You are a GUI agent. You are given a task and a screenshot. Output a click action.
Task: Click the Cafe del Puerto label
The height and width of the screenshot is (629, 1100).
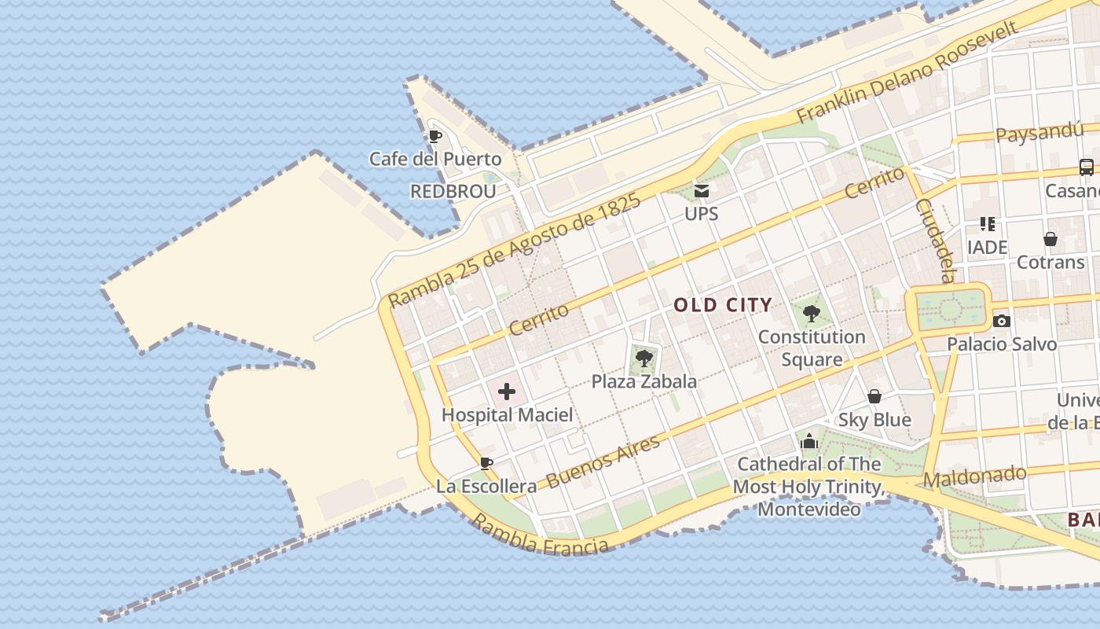pyautogui.click(x=435, y=159)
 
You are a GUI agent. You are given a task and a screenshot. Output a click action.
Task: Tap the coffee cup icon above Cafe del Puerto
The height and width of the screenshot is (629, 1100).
pyautogui.click(x=435, y=136)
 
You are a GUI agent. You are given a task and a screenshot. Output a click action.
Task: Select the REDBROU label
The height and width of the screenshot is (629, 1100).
pyautogui.click(x=453, y=192)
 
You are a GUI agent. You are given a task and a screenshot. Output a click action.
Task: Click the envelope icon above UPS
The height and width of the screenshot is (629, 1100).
pyautogui.click(x=701, y=190)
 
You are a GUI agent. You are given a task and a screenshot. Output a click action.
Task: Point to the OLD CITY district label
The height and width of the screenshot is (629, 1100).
pyautogui.click(x=723, y=305)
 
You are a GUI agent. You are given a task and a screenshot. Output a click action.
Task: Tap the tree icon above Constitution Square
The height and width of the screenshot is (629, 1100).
pyautogui.click(x=812, y=314)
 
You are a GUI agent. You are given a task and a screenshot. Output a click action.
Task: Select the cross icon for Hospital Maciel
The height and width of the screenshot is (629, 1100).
pyautogui.click(x=507, y=392)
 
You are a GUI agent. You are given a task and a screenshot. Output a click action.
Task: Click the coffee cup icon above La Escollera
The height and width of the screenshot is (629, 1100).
pyautogui.click(x=486, y=463)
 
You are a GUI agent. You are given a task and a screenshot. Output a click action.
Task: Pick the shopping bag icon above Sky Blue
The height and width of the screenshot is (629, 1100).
pyautogui.click(x=874, y=396)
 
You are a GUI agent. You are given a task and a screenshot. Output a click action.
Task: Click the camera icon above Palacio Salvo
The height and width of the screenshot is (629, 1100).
pyautogui.click(x=1001, y=321)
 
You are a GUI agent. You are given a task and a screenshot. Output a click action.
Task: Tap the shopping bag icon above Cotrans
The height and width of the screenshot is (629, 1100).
pyautogui.click(x=1050, y=238)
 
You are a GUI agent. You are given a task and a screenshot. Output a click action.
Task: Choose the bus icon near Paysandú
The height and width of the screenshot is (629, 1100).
pyautogui.click(x=1086, y=167)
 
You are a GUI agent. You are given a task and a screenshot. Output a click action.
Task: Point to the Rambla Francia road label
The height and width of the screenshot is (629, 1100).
pyautogui.click(x=540, y=537)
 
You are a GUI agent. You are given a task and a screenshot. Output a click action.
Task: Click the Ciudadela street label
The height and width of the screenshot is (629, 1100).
pyautogui.click(x=935, y=240)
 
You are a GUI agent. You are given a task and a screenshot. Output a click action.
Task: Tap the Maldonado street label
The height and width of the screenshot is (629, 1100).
pyautogui.click(x=974, y=476)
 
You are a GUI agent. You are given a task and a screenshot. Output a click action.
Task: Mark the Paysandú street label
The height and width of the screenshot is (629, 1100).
pyautogui.click(x=1039, y=132)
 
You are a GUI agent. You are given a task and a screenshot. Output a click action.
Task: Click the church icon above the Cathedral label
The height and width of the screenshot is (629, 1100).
pyautogui.click(x=809, y=442)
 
